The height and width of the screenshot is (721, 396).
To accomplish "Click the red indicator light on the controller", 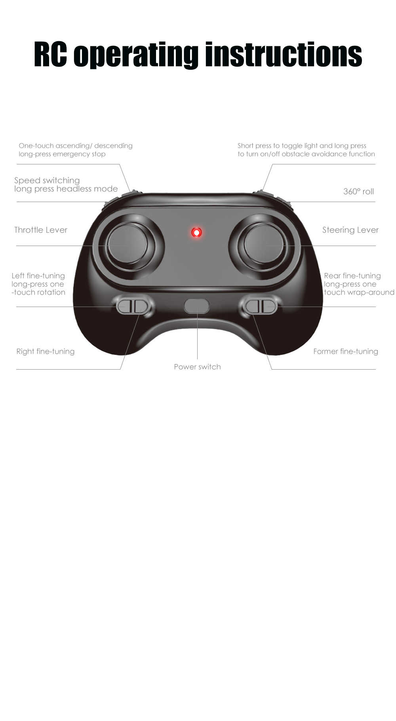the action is (x=196, y=232).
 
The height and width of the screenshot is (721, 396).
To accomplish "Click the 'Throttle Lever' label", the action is (x=41, y=230).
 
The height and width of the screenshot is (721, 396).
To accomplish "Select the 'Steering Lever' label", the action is (x=350, y=230).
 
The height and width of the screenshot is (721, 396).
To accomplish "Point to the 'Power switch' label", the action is (x=197, y=367).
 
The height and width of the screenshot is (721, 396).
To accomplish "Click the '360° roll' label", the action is (x=358, y=192).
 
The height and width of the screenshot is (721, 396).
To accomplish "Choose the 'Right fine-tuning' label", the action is (x=46, y=352).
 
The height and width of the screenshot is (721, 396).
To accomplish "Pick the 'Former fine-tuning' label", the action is (x=346, y=352).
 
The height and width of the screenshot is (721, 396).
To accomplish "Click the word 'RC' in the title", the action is (x=50, y=54).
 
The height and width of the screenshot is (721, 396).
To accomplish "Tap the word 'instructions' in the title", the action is (x=284, y=54).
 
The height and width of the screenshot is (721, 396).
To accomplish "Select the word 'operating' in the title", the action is (x=136, y=55).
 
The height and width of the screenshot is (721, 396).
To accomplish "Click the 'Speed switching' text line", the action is (x=47, y=181).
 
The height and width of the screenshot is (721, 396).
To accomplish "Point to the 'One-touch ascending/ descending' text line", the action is (x=76, y=146).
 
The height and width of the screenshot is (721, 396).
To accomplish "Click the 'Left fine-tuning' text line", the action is (x=38, y=276).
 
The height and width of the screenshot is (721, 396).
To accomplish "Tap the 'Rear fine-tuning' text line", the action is (x=352, y=276).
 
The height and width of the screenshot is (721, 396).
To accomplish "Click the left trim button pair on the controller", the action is (x=135, y=306).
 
